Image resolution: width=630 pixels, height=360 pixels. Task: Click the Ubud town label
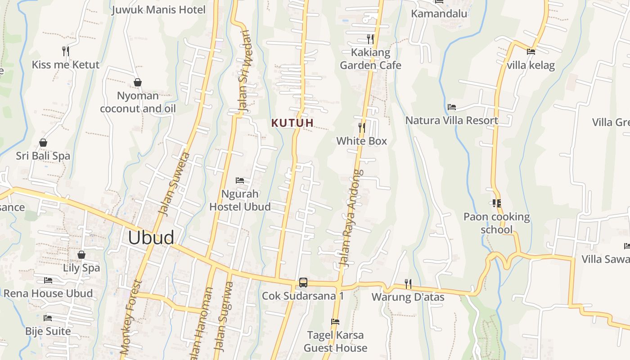click(x=151, y=238)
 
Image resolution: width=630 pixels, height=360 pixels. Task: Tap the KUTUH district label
click(x=292, y=122)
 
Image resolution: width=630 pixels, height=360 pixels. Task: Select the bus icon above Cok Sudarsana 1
click(x=303, y=283)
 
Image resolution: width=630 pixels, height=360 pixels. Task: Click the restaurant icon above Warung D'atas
click(x=408, y=283)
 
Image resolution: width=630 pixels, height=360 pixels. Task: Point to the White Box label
click(x=362, y=141)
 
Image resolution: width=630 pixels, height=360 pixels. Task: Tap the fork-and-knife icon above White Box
click(x=362, y=127)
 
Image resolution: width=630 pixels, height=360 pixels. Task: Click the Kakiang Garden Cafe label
click(x=370, y=59)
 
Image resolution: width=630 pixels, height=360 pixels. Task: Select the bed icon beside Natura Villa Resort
click(x=452, y=107)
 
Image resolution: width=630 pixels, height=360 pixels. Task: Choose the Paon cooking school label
click(x=496, y=223)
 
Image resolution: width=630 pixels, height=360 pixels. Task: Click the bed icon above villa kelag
click(x=531, y=52)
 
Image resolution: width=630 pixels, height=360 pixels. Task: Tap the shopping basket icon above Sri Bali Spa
click(x=43, y=143)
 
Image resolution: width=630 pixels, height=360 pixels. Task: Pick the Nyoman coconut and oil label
click(x=138, y=102)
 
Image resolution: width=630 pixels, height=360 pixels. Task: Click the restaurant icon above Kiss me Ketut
click(x=66, y=51)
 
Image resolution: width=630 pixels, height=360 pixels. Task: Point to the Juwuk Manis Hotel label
click(x=158, y=10)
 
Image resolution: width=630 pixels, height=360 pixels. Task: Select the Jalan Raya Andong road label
click(x=350, y=219)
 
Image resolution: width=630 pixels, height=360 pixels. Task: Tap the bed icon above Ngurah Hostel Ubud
click(x=240, y=180)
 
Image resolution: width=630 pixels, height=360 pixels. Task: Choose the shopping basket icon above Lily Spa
click(x=81, y=255)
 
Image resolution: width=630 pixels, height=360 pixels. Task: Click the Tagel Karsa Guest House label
click(x=335, y=342)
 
